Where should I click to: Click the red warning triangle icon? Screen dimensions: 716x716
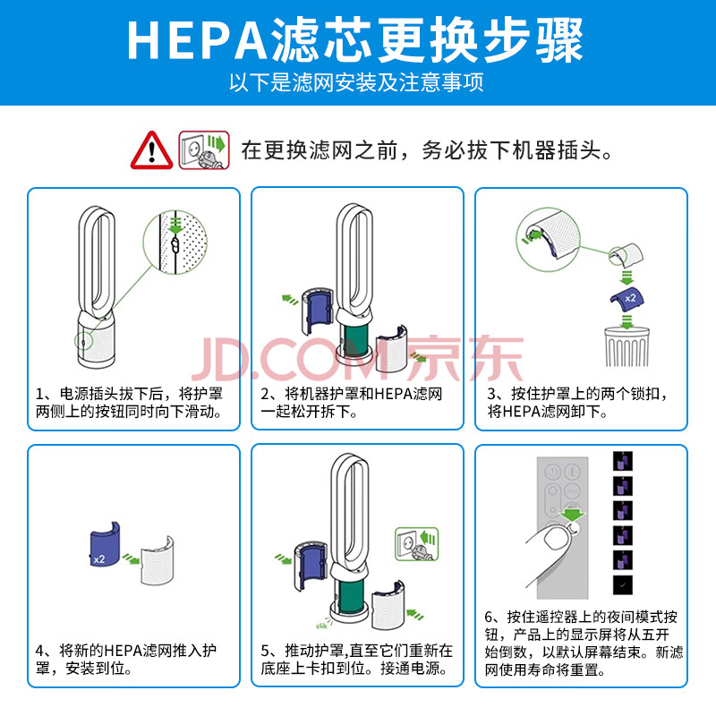tap(151, 150)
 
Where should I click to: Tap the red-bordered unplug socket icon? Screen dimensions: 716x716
tap(204, 150)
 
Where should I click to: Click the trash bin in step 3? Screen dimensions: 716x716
tap(627, 346)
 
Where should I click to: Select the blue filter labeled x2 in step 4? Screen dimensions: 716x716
tap(105, 544)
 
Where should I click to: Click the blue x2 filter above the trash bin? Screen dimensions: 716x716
tap(627, 299)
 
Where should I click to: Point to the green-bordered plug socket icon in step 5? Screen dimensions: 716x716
tap(416, 544)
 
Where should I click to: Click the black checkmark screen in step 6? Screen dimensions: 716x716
tap(623, 584)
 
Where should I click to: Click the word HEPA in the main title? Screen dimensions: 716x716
tap(197, 40)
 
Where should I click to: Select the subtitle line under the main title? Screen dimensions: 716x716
tap(356, 82)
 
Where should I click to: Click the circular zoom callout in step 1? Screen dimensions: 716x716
tap(175, 242)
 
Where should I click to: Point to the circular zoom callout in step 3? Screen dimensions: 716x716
tap(548, 239)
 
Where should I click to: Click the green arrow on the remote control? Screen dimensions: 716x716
tap(572, 513)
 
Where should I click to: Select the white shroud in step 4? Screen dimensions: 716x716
tap(158, 560)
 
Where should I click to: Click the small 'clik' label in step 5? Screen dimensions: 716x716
tap(321, 626)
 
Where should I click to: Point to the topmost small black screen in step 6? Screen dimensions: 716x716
tap(623, 461)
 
